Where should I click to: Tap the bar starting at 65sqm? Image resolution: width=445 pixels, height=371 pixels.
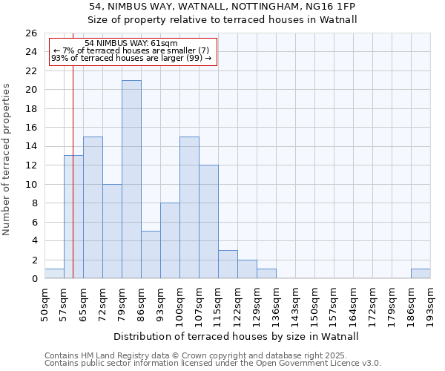pos(93,208)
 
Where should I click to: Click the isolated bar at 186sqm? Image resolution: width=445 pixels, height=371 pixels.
pos(421,274)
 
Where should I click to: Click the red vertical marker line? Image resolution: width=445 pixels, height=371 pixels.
pos(73,185)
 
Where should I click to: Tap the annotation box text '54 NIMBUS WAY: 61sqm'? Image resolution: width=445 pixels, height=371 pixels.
pos(131,44)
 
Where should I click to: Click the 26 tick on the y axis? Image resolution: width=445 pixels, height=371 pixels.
pos(32,33)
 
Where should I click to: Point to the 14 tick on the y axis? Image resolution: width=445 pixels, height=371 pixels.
pos(32,147)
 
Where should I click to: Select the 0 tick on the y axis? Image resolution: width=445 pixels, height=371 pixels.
pos(34,279)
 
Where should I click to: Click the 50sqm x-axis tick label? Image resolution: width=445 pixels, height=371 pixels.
pos(44,301)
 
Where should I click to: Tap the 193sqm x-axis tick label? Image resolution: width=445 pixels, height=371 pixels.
pos(430,301)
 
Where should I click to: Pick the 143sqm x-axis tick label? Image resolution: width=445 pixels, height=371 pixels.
pos(295,301)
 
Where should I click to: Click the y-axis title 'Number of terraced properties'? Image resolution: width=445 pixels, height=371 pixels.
pos(7,160)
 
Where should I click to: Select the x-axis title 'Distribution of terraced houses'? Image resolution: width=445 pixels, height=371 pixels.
pos(237,336)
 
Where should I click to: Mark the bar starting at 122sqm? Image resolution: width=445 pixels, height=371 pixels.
pos(247,269)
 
